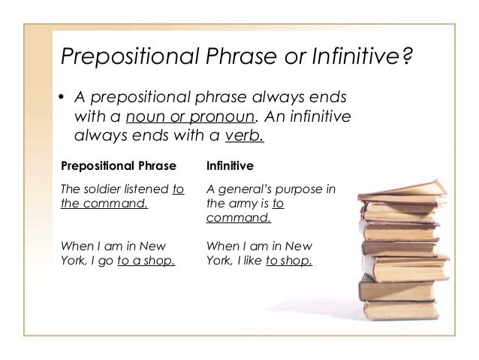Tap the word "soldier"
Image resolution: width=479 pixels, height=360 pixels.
[102, 189]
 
